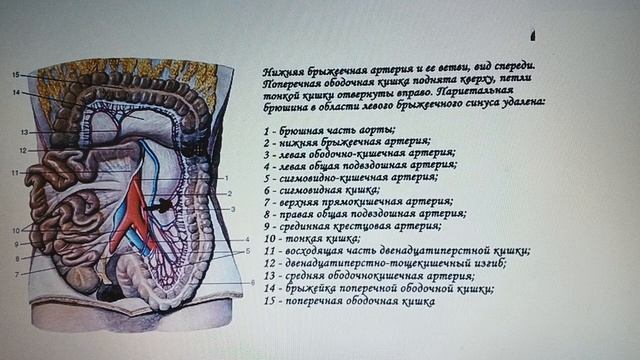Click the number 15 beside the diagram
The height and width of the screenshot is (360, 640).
coord(15,75)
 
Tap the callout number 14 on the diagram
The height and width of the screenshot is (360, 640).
coord(15,93)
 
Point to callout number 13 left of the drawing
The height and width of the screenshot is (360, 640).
coord(23,132)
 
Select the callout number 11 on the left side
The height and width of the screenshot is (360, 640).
coord(15,173)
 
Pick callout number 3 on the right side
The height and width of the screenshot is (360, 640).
coord(232,208)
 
